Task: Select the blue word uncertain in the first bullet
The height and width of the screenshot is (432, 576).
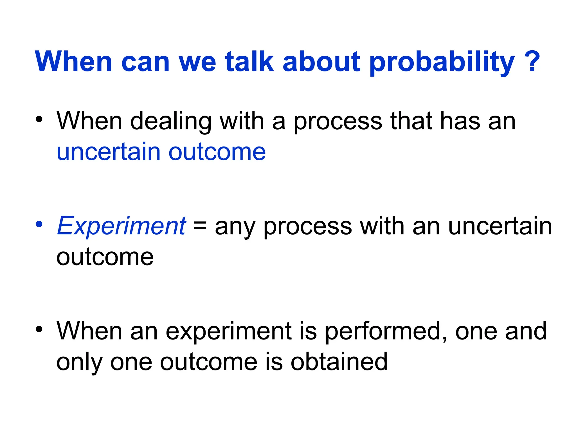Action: point(108,152)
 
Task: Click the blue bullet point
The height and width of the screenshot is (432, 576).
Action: point(39,224)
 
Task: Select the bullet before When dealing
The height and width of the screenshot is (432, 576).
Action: point(39,119)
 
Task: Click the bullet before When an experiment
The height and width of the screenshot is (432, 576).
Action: point(39,329)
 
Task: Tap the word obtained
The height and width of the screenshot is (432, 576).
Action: point(339,362)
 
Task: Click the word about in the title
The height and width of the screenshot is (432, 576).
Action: point(321,62)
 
